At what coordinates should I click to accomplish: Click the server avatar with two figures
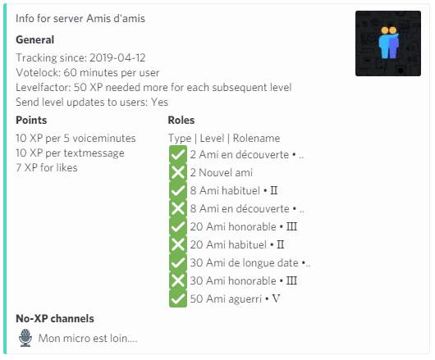tap(388, 43)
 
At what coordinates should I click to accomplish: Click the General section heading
tap(35, 40)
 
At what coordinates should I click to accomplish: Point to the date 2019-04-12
tap(117, 57)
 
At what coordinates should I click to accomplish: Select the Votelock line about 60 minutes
tap(88, 73)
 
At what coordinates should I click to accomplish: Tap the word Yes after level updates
tap(159, 102)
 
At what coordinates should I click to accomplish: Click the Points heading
tap(31, 120)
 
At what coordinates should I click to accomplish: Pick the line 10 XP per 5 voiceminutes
tap(76, 138)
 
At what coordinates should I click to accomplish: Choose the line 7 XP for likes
tap(47, 167)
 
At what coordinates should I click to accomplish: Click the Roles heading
tap(181, 120)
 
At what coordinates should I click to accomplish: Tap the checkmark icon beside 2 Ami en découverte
tap(178, 154)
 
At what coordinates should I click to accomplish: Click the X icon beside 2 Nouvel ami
tap(178, 172)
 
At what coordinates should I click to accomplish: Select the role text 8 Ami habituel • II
tap(234, 191)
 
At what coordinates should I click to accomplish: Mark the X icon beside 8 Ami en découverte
tap(178, 208)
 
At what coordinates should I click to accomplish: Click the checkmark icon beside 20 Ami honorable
tap(178, 226)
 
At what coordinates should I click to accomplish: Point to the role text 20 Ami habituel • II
tap(237, 244)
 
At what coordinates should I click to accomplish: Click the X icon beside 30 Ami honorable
tap(178, 280)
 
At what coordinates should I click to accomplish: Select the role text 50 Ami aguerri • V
tap(236, 298)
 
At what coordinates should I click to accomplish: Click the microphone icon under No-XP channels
tap(25, 338)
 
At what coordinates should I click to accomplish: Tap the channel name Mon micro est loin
tap(88, 338)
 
